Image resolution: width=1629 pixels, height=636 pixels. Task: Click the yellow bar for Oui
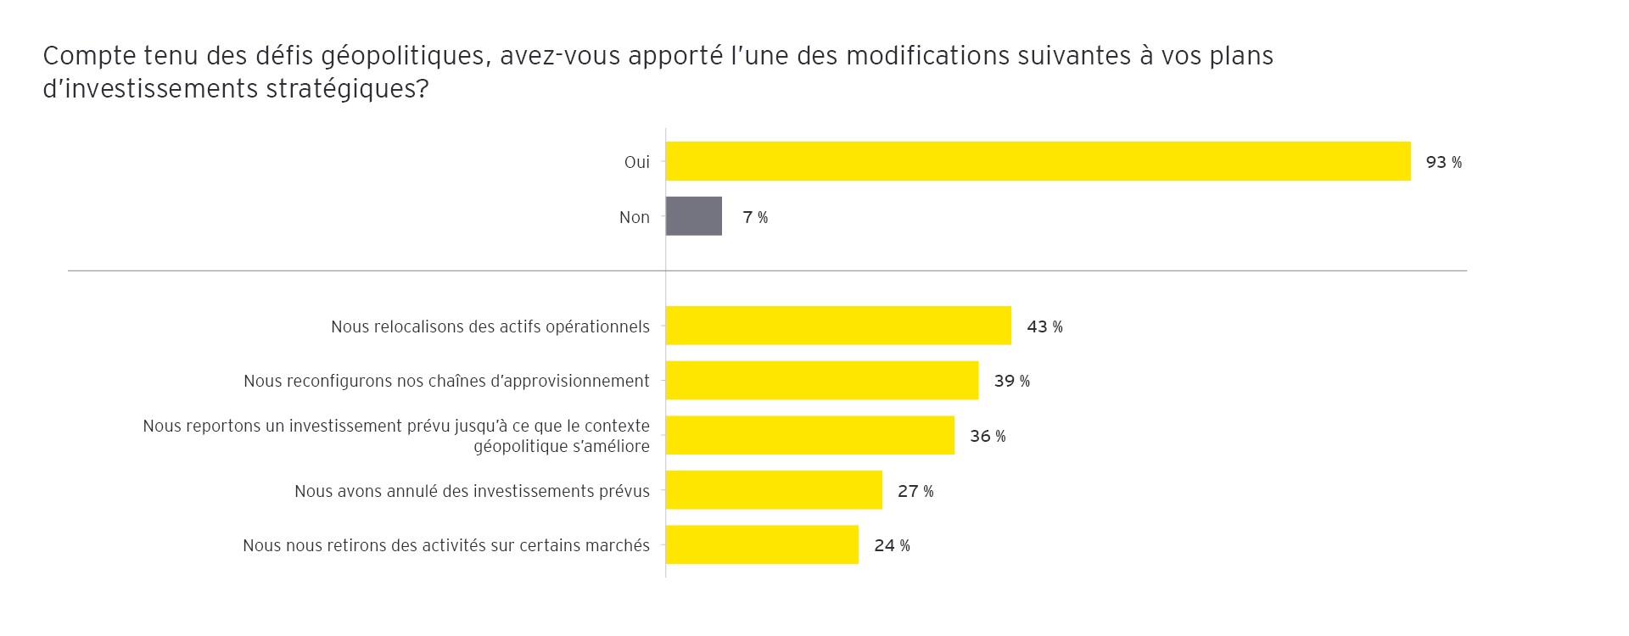click(1038, 161)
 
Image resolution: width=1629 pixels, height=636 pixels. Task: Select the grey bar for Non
click(693, 216)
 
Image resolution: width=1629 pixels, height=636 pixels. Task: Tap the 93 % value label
click(1443, 162)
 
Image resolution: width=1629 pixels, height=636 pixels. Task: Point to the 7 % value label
click(754, 217)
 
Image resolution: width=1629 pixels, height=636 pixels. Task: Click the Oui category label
click(636, 162)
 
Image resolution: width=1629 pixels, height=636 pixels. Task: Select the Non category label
click(634, 217)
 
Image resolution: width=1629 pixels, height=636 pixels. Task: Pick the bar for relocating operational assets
click(838, 326)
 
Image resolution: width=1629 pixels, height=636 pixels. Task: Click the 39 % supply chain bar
click(821, 381)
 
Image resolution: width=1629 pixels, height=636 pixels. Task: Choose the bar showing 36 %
click(809, 435)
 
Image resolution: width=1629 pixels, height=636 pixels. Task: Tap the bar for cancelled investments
click(774, 490)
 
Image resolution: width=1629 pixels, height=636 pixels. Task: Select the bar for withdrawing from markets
click(762, 544)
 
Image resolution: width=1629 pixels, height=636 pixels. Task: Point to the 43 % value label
click(1044, 326)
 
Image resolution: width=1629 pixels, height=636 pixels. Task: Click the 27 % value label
click(915, 491)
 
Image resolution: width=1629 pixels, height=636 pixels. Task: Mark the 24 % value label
click(892, 545)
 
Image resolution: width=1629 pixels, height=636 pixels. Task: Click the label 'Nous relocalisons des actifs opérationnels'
click(490, 326)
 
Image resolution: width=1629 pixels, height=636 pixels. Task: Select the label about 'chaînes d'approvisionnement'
click(446, 381)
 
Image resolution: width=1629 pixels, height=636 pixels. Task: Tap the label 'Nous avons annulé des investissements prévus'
click(472, 491)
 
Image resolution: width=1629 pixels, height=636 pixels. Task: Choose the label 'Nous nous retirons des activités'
click(446, 545)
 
